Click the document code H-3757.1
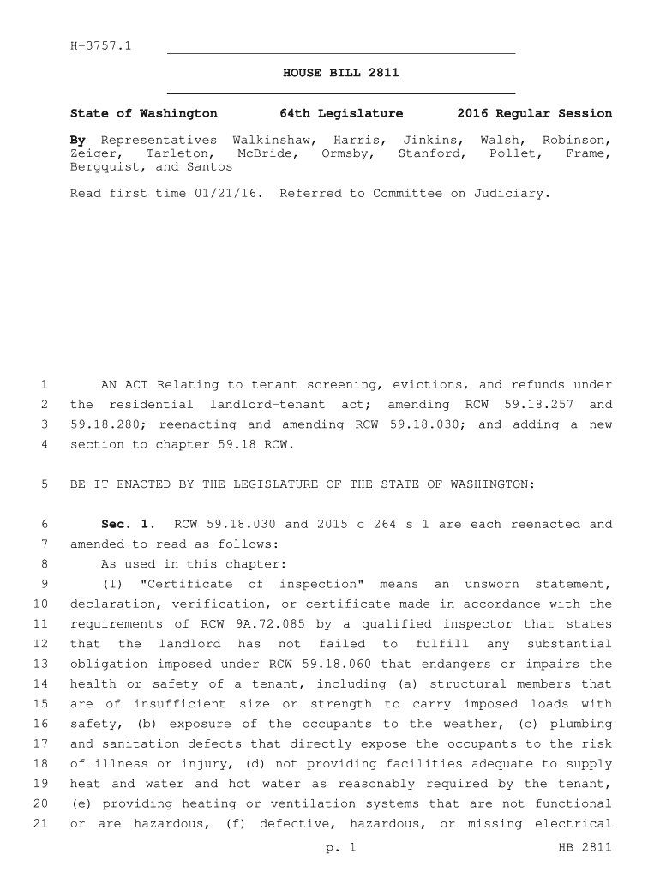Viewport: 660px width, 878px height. [100, 45]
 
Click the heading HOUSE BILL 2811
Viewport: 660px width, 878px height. [340, 73]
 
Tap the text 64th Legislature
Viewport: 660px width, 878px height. [341, 113]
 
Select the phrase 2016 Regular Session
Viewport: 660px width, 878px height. [535, 113]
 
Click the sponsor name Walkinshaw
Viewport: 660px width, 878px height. [270, 140]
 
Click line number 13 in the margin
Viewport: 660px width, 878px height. [41, 664]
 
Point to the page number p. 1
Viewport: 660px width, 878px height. [340, 848]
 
